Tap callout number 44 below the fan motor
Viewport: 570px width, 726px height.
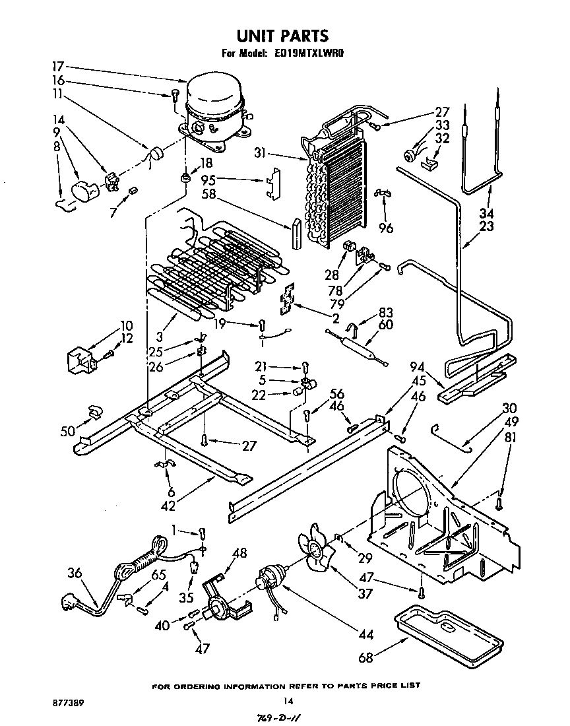pyautogui.click(x=365, y=634)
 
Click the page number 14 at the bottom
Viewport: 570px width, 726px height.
pyautogui.click(x=287, y=701)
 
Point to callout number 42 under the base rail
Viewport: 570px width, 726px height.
pyautogui.click(x=169, y=506)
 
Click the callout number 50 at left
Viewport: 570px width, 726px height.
pyautogui.click(x=69, y=431)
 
